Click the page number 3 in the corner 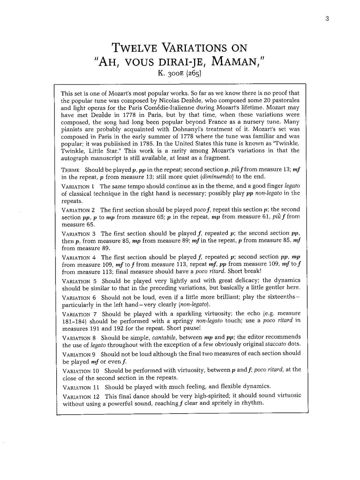pyautogui.click(x=327, y=19)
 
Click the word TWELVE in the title pyautogui.click(x=137, y=48)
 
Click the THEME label pyautogui.click(x=71, y=169)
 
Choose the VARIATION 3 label pyautogui.click(x=79, y=234)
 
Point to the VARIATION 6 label pyautogui.click(x=79, y=297)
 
